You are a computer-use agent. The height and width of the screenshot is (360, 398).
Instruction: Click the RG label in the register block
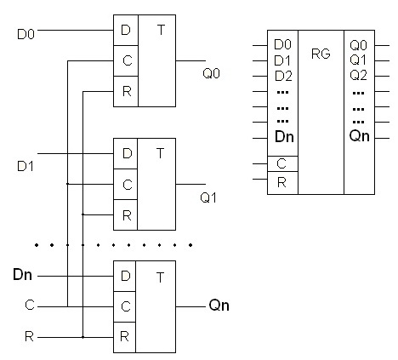321,54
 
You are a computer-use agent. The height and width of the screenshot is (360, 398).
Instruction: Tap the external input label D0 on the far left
26,34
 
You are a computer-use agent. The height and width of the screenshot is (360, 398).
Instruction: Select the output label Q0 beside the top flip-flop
211,73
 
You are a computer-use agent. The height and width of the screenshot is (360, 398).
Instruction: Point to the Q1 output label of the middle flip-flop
208,197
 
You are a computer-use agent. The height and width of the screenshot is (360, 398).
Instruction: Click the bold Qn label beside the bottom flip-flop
219,306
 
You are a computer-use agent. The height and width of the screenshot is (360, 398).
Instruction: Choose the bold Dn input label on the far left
22,275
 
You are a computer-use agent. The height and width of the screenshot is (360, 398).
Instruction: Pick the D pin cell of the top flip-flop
126,30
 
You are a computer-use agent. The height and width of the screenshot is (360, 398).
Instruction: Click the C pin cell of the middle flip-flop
125,185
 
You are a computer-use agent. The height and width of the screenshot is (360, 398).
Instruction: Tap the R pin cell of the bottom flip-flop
125,337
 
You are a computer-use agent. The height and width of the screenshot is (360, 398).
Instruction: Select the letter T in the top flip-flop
161,30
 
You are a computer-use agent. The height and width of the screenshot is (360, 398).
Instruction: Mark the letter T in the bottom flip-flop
160,277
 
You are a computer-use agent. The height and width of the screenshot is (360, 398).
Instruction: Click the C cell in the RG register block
282,163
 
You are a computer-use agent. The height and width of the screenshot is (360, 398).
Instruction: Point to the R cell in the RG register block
282,183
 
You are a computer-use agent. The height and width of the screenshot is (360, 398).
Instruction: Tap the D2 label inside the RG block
283,76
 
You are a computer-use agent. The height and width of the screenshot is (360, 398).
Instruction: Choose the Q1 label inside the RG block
358,60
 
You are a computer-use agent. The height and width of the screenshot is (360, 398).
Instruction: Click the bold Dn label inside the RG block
284,137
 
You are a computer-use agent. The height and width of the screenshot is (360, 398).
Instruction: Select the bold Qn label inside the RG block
360,136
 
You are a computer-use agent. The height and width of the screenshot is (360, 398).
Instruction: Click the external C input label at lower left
30,305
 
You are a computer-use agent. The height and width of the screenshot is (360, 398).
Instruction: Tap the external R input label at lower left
29,337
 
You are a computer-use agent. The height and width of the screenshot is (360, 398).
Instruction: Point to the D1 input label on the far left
26,166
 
